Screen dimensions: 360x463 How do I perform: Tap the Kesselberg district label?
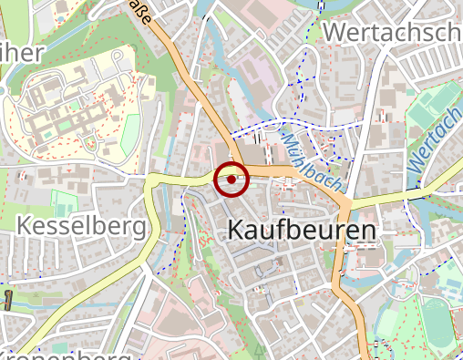pos(81,225)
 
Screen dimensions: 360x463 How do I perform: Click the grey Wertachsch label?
pos(392,32)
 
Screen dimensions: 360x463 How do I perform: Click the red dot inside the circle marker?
pos(231,180)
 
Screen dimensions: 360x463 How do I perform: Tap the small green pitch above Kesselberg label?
pos(64,202)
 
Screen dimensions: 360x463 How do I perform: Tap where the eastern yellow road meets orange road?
pos(347,201)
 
